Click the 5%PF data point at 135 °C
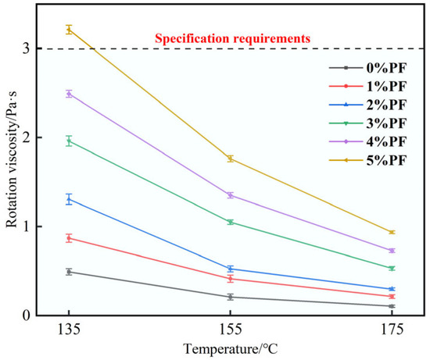69,30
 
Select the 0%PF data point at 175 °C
392,306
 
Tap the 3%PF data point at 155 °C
231,222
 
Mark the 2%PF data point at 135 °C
69,199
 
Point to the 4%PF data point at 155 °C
231,195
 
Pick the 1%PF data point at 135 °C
69,238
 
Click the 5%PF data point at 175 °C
392,232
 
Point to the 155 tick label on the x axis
231,330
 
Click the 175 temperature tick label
392,330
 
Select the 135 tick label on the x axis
69,330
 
